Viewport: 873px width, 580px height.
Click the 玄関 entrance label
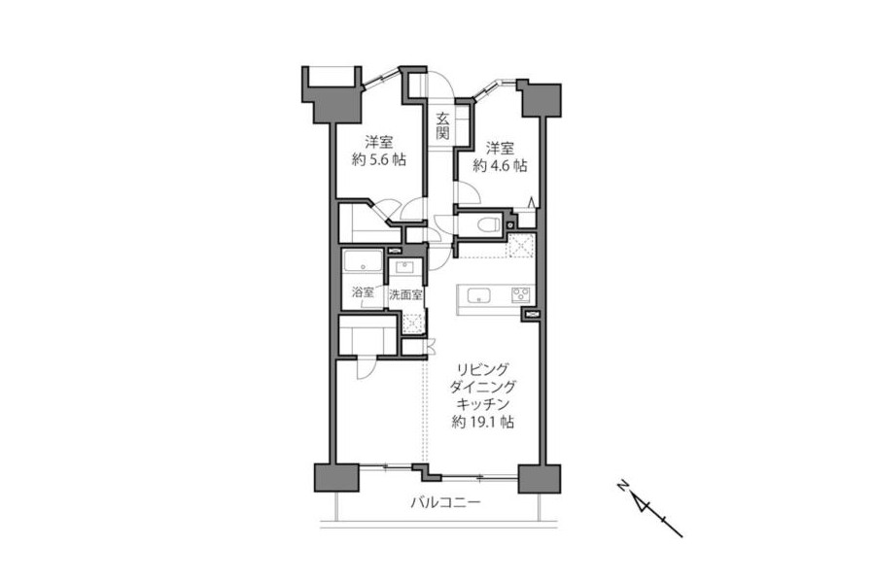click(442, 125)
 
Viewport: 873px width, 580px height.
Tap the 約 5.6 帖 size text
click(379, 160)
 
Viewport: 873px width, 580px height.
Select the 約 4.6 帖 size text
click(500, 166)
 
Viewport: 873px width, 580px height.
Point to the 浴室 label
click(363, 292)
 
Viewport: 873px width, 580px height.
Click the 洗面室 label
click(405, 295)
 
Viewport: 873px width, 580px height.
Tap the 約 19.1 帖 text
click(483, 423)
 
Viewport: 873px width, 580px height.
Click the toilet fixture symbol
click(488, 224)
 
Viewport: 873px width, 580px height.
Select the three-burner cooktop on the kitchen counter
click(521, 294)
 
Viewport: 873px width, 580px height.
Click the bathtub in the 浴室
click(363, 261)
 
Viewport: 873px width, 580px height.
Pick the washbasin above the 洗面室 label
click(404, 266)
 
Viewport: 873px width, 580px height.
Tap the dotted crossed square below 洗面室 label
click(412, 324)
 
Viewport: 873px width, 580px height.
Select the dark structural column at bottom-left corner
click(336, 478)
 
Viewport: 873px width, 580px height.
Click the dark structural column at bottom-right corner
click(539, 478)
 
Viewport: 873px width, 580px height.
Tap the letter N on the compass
click(622, 486)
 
